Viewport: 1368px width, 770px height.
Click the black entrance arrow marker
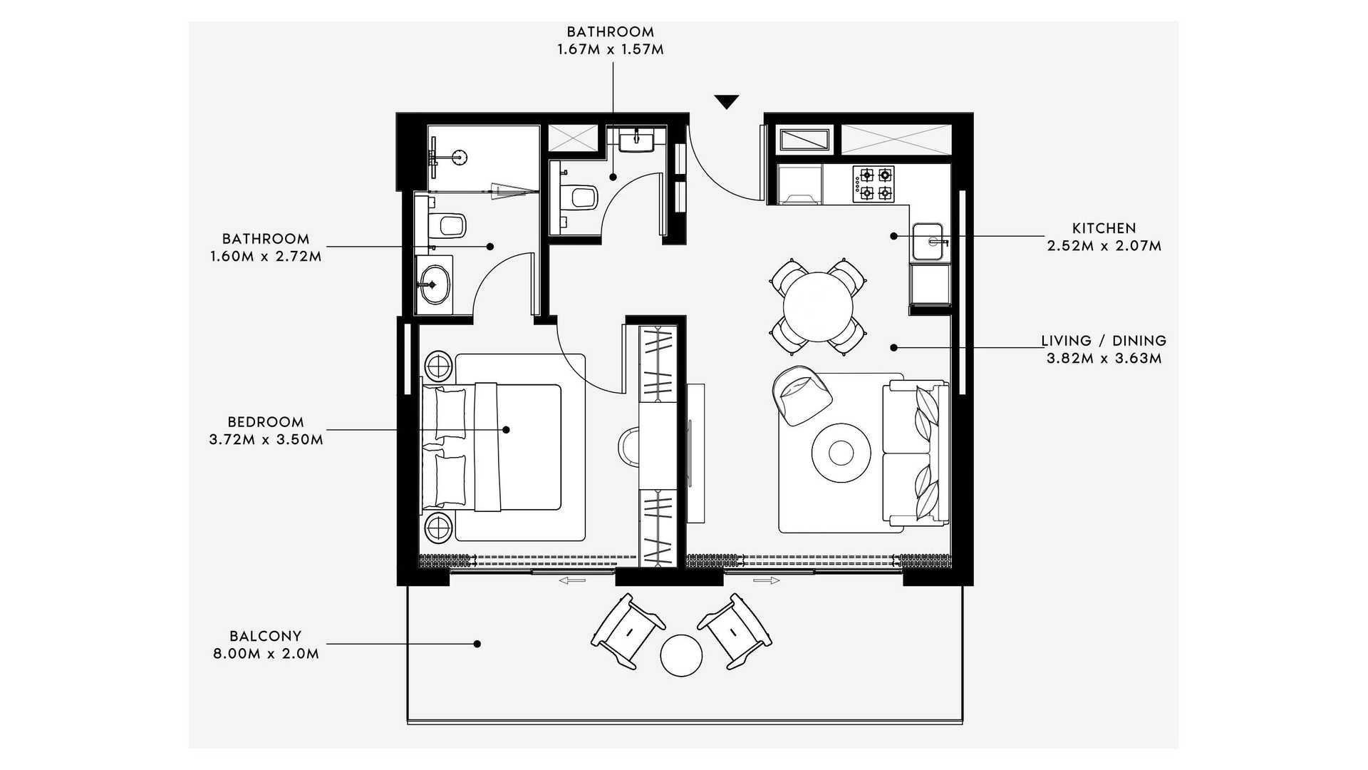coord(726,102)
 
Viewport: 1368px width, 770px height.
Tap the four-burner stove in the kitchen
coord(874,183)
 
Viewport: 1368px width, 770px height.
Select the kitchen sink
coord(930,242)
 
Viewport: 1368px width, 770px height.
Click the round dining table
coord(818,307)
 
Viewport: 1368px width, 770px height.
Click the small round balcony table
coord(681,655)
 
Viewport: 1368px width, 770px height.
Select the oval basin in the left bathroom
coord(433,284)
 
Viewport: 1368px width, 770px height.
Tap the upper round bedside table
coord(438,366)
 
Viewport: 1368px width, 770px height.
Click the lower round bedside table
coord(438,528)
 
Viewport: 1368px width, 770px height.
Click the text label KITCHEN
coord(1104,228)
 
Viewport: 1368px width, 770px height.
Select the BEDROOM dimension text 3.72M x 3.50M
coord(266,440)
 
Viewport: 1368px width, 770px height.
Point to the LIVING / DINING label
coord(1104,341)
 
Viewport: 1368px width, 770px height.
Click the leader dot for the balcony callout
coord(477,644)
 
